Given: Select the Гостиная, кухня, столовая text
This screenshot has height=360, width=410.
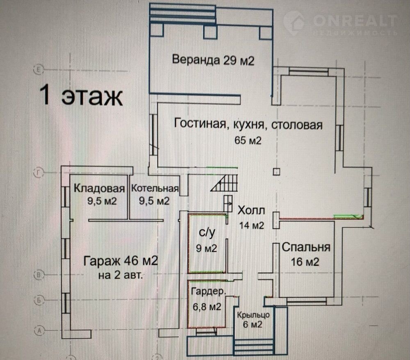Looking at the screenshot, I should pos(248,124).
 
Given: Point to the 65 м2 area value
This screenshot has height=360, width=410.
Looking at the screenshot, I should pos(248,140).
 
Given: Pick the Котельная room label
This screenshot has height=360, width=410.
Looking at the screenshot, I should pos(155,189).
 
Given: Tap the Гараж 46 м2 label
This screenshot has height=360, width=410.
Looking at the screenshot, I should pos(121,260).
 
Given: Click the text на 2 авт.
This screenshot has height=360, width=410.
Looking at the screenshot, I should pos(121,275).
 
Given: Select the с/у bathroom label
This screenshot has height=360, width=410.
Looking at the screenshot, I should pos(207,233).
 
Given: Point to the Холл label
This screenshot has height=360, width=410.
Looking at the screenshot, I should pos(252,211).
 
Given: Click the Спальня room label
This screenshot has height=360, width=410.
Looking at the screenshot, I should pos(306,247).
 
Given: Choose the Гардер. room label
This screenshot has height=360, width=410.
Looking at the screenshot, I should pos(207,292).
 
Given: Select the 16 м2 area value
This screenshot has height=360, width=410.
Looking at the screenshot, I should pos(305,262).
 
